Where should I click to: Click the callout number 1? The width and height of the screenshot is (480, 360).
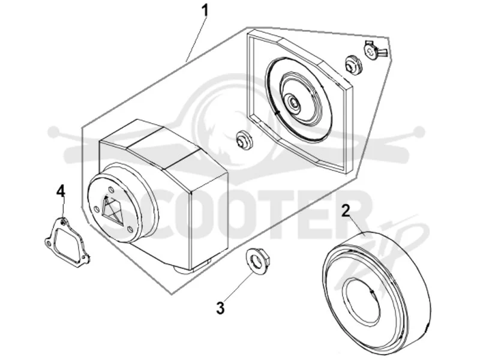(x=205, y=11)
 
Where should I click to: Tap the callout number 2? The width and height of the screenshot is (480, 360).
(x=346, y=211)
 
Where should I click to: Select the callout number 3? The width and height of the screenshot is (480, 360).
(x=220, y=308)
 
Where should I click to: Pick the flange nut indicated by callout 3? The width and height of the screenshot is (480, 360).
(x=258, y=261)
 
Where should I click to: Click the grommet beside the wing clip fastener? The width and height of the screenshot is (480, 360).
(x=353, y=65)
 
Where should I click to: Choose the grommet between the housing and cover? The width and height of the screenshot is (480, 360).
(x=245, y=140)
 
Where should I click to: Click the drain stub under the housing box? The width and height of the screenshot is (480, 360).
(x=192, y=267)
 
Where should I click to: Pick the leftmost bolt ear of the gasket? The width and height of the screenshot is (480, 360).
(x=48, y=243)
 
